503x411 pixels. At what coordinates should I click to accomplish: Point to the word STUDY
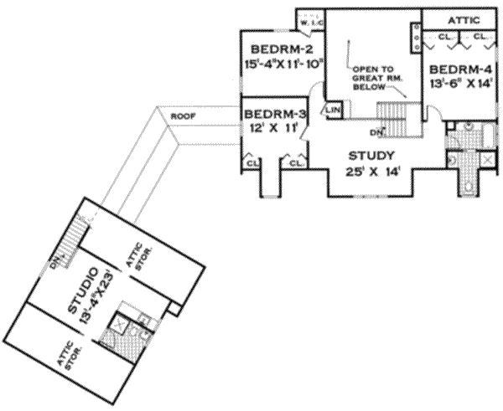tap(365, 156)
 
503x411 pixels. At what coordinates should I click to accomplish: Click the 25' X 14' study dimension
tap(366, 172)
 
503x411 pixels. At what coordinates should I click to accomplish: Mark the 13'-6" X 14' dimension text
tap(457, 85)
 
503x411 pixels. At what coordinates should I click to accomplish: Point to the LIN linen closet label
tap(333, 109)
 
